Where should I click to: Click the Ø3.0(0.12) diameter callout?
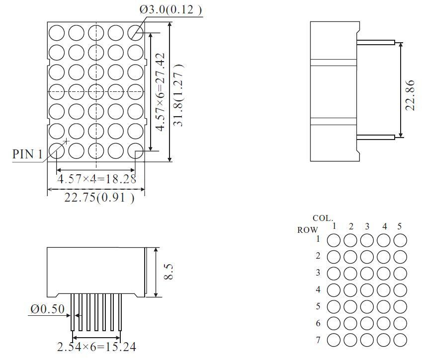click(x=170, y=9)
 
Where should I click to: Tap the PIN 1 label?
click(x=27, y=154)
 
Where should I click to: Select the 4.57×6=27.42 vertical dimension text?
click(x=160, y=92)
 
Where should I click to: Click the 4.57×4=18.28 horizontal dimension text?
click(x=96, y=179)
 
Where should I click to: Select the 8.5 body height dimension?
click(x=169, y=272)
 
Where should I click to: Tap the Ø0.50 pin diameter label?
click(x=47, y=309)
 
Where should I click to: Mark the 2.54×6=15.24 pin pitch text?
click(x=96, y=347)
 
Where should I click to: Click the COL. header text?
click(x=323, y=218)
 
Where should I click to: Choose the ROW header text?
click(x=307, y=230)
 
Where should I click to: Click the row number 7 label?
click(x=318, y=340)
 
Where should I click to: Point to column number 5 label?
click(x=400, y=226)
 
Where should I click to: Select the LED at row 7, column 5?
click(x=400, y=340)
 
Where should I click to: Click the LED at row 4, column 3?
click(x=367, y=290)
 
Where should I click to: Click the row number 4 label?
click(x=318, y=289)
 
